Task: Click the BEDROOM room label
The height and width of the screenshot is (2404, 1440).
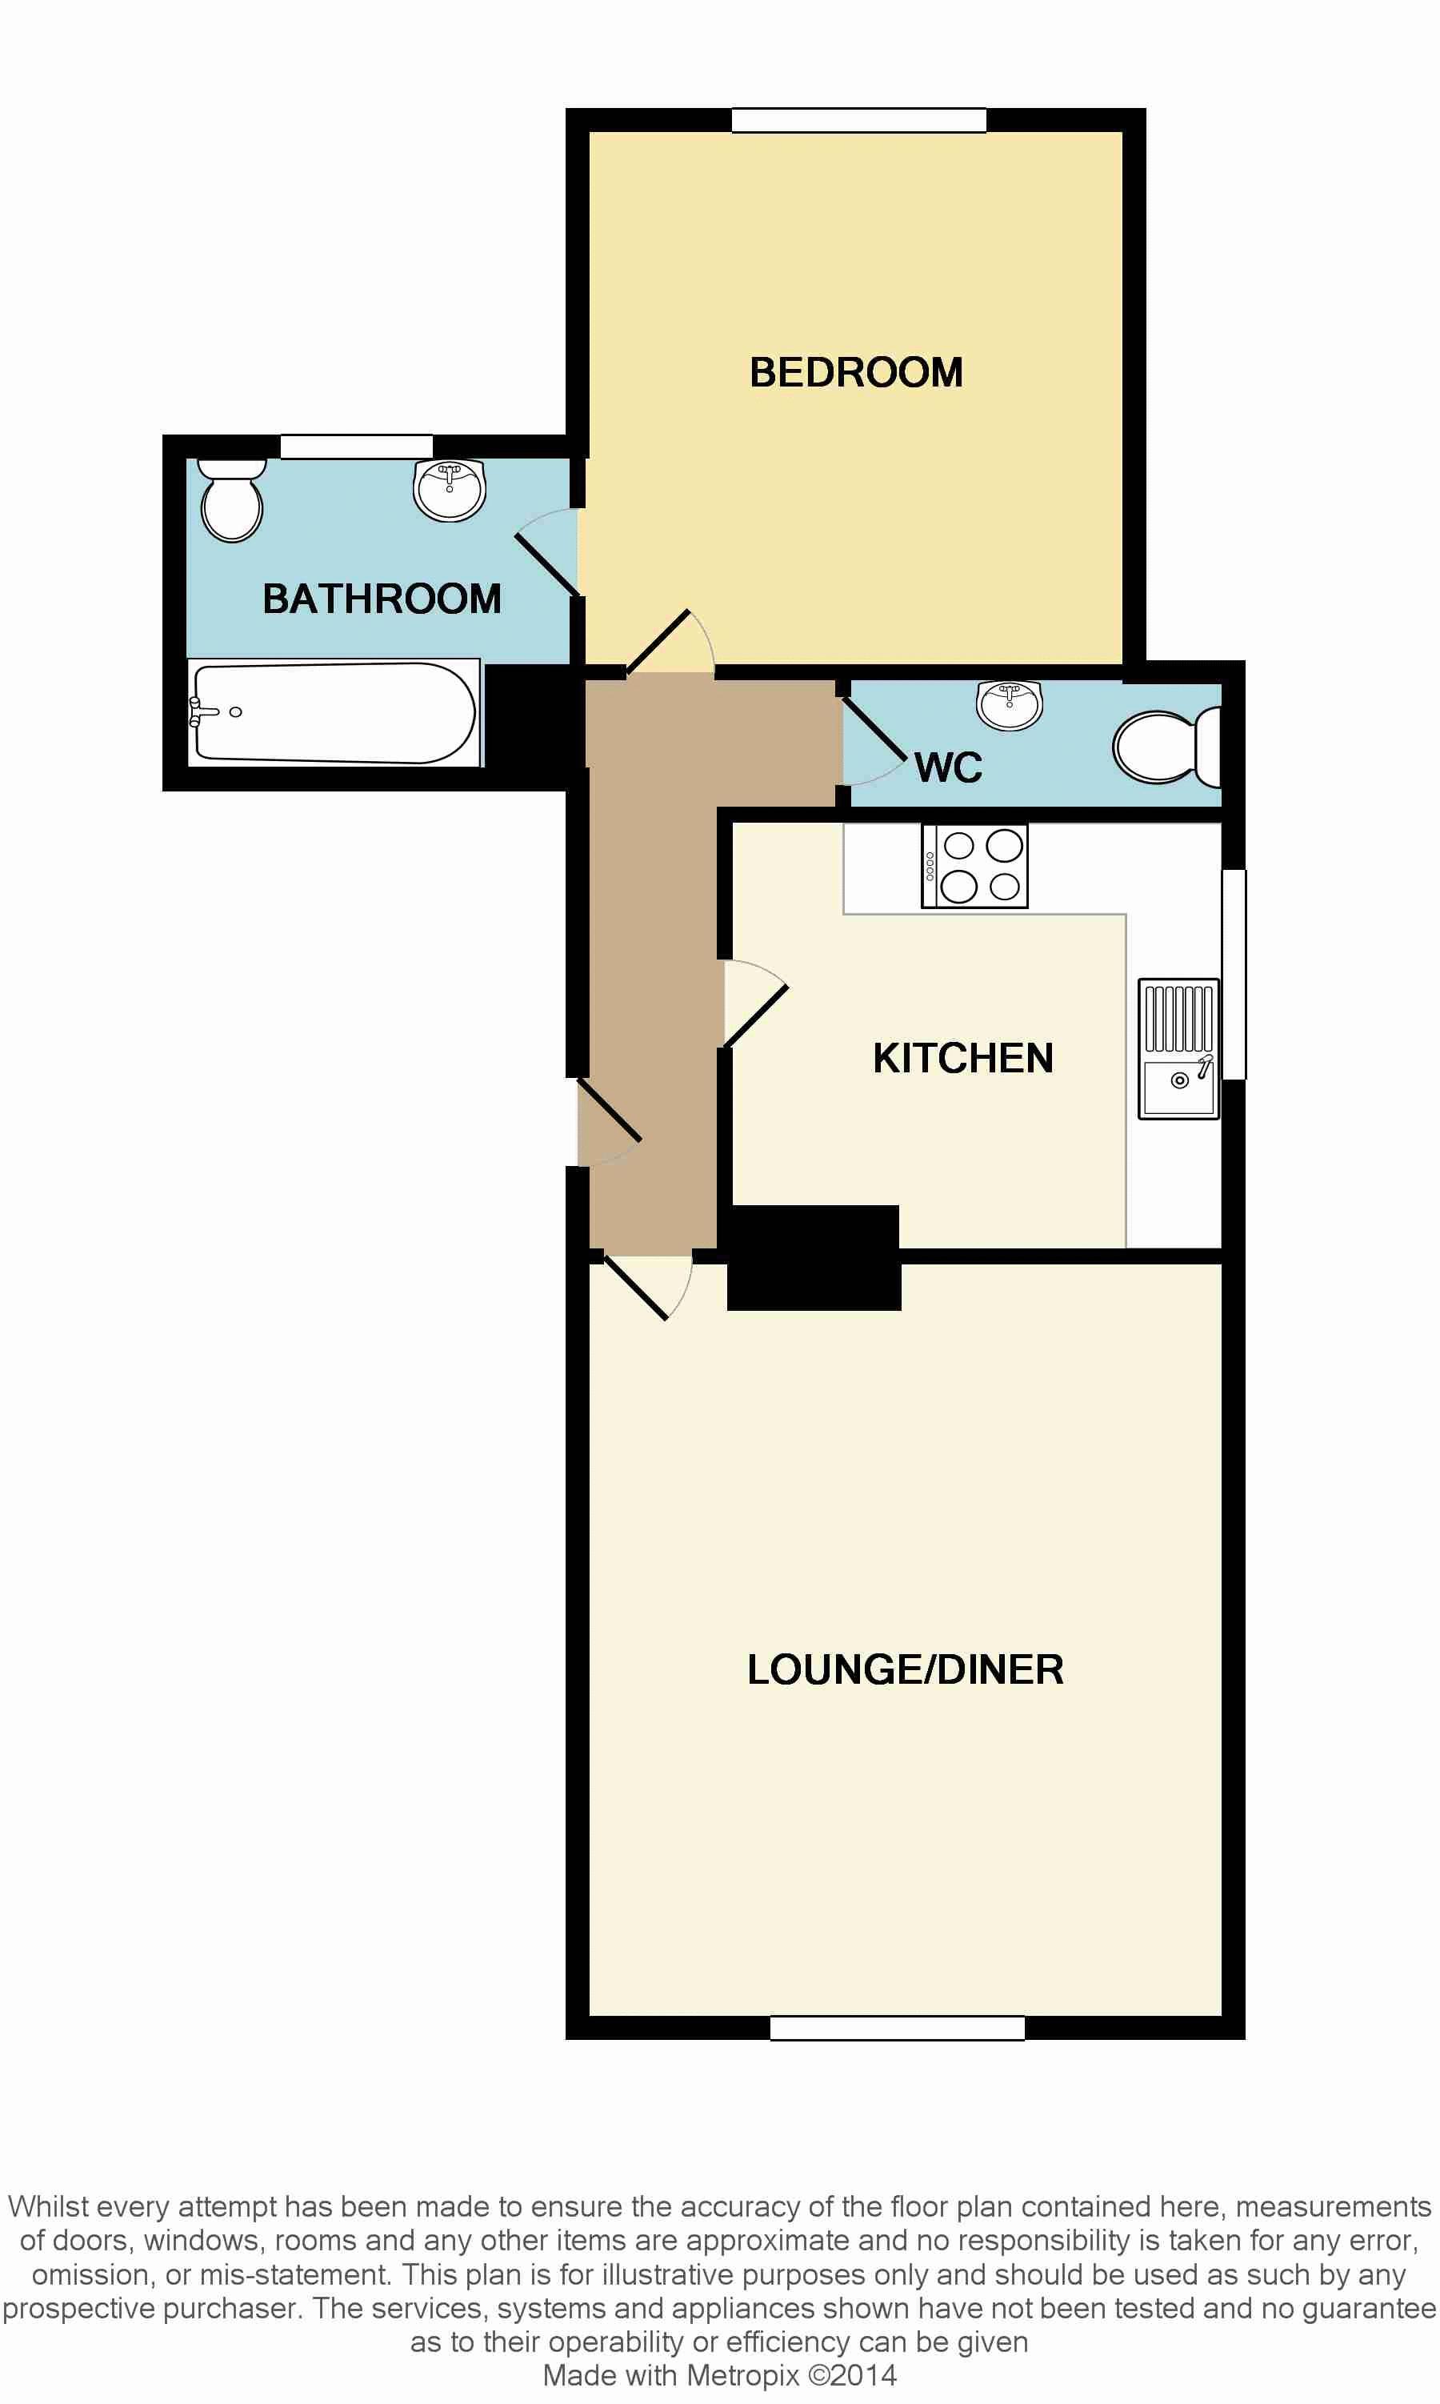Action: [856, 373]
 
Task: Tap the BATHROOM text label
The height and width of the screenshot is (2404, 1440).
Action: [382, 599]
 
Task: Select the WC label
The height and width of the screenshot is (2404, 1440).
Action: [948, 767]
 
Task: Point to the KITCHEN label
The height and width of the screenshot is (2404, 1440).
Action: [962, 1058]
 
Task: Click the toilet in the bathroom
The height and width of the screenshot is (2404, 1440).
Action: [232, 500]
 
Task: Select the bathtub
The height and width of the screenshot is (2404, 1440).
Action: [334, 713]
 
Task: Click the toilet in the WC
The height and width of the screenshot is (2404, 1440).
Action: [1166, 747]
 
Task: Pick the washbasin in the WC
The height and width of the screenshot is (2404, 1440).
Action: [1009, 704]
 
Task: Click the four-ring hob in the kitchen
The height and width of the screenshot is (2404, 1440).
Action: [974, 867]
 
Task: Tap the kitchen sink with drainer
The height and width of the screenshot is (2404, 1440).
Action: [1179, 1048]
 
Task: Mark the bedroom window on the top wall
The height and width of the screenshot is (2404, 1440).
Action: [858, 120]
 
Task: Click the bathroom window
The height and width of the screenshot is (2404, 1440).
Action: [356, 447]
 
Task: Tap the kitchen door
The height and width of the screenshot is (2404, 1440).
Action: [755, 1004]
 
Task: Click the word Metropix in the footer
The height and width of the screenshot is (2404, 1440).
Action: [743, 2375]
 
